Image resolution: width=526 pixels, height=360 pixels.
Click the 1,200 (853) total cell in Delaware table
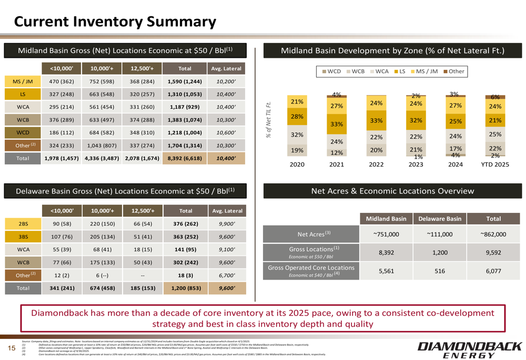(x=182, y=288)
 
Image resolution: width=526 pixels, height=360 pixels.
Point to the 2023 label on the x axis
(x=416, y=164)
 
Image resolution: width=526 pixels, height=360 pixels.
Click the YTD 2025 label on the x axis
(x=494, y=164)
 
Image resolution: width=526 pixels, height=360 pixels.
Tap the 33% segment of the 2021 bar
(x=337, y=125)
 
